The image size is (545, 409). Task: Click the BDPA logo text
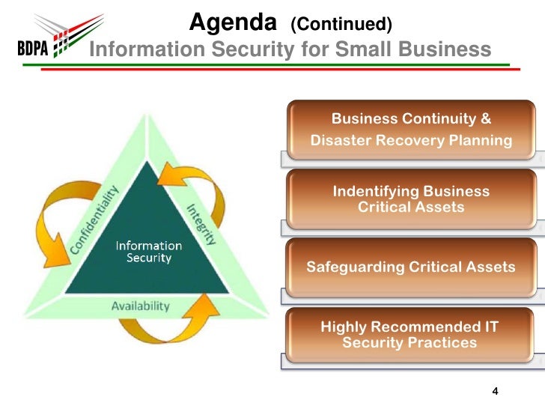(32, 51)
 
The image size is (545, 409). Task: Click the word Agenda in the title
(234, 23)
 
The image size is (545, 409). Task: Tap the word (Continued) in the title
(341, 25)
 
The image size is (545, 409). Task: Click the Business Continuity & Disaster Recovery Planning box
(411, 130)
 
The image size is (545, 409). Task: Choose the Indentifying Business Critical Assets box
(411, 199)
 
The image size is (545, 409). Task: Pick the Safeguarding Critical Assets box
(411, 267)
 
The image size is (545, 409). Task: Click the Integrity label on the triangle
(201, 224)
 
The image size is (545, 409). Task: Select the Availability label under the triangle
(140, 306)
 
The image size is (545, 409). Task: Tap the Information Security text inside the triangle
(147, 252)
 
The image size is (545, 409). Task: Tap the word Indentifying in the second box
(376, 191)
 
